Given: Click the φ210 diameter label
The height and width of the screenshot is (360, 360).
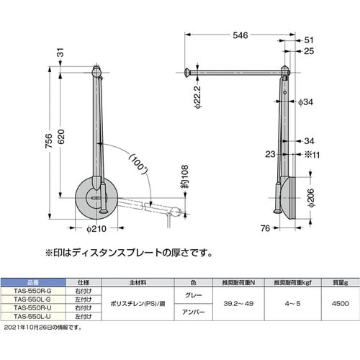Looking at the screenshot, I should [96, 230].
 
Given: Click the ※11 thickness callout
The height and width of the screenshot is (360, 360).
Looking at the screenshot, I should [311, 153].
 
